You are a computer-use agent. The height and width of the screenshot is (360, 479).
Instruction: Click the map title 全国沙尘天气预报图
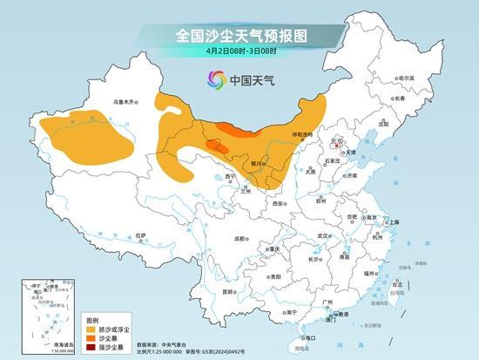(239, 35)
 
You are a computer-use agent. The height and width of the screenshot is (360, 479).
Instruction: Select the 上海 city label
(393, 222)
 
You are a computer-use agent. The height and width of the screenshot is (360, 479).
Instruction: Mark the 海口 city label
(306, 336)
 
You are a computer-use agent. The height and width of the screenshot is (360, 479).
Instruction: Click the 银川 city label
(257, 162)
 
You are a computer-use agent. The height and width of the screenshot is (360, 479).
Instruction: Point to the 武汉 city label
(324, 235)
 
